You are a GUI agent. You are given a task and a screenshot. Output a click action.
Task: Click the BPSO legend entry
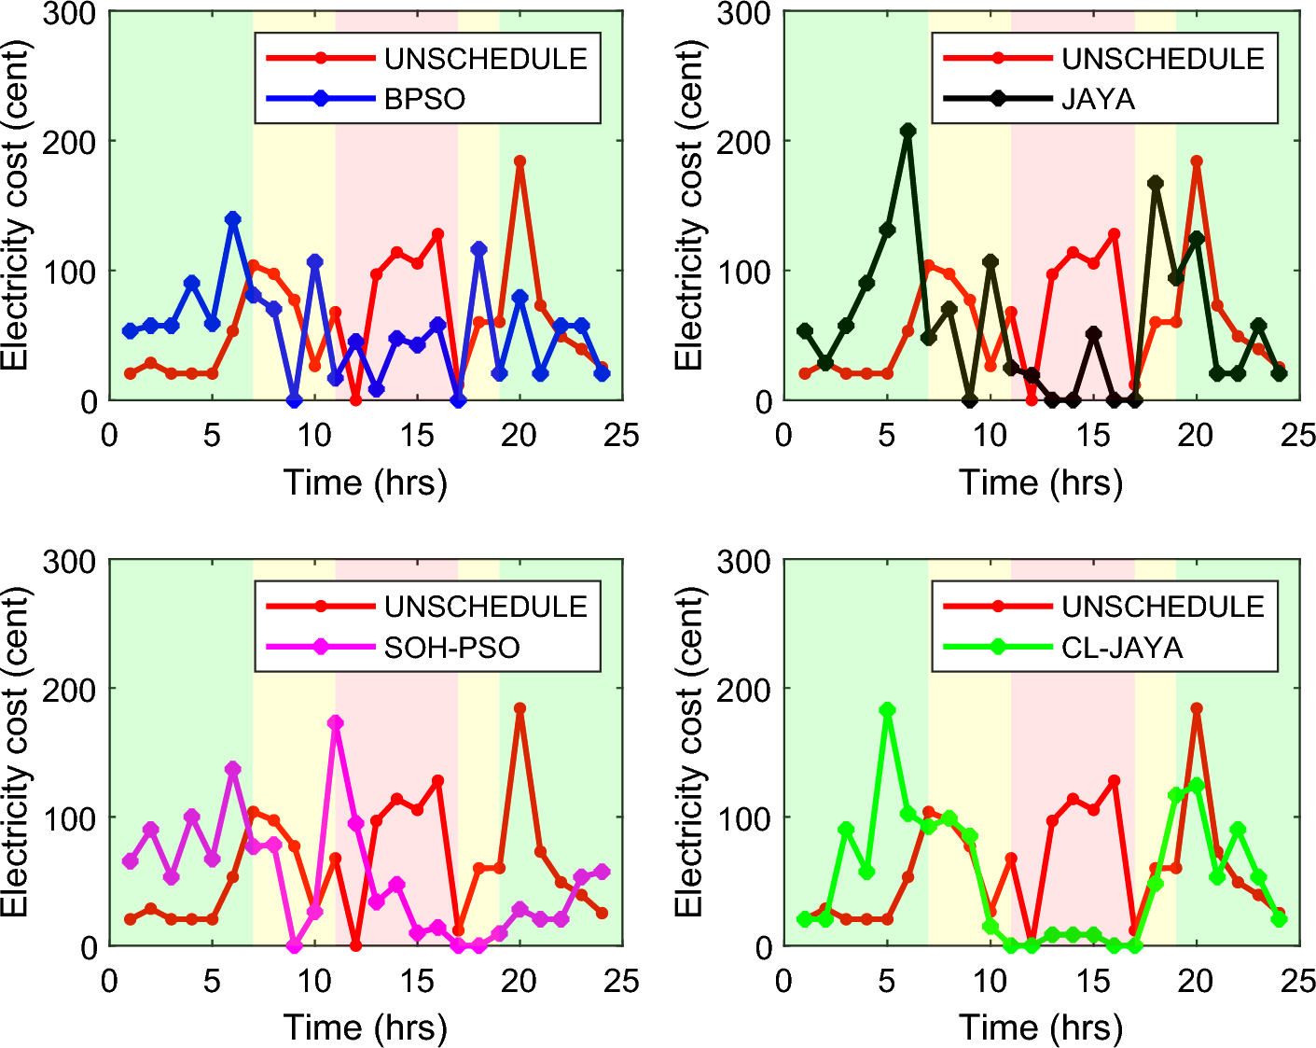424,99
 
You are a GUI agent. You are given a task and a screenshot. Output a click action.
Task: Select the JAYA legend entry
1098,99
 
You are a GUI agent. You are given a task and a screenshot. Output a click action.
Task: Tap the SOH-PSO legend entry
451,647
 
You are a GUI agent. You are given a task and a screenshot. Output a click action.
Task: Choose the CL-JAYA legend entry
1122,647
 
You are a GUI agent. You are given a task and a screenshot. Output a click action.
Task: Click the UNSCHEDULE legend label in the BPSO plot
486,59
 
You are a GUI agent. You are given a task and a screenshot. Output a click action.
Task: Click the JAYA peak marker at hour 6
907,131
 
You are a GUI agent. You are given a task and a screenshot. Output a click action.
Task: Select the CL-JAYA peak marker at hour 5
887,710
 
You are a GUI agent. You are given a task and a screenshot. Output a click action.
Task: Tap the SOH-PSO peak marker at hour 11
336,722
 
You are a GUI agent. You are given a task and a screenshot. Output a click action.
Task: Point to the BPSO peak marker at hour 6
233,219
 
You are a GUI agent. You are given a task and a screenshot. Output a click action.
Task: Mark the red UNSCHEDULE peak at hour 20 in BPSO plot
519,161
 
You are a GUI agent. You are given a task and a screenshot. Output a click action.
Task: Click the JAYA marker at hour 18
1156,183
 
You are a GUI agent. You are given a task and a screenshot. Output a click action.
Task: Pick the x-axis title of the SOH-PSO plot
366,1027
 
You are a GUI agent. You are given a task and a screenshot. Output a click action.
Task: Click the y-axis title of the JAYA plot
688,205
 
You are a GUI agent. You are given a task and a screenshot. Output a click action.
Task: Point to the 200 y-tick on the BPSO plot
75,142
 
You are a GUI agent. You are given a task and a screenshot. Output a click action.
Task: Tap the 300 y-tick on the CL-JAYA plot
748,562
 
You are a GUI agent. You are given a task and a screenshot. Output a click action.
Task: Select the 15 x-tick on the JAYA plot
1092,435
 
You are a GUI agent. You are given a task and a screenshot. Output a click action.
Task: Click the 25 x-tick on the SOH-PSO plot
622,981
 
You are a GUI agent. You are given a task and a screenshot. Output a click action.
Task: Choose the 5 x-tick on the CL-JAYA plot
887,981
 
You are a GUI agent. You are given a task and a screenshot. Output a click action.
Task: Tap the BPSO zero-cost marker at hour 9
295,400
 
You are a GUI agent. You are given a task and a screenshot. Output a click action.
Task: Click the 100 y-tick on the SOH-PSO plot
75,818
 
